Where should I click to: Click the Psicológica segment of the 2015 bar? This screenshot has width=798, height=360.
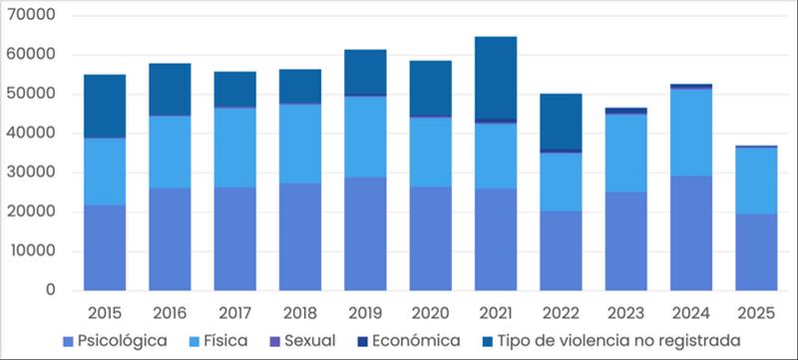105,247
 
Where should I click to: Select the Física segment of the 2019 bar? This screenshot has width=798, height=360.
365,137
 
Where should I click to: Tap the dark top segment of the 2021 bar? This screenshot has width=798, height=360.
496,78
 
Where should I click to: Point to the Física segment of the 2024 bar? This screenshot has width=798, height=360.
691,133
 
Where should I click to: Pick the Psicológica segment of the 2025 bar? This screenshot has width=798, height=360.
756,252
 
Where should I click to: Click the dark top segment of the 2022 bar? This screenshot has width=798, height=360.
561,122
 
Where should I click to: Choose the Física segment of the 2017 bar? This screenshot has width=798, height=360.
235,148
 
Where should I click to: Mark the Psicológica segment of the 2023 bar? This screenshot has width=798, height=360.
626,241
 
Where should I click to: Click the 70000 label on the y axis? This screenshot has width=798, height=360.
31,15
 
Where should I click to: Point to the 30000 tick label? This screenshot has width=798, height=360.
31,172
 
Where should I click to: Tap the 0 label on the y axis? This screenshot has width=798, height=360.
50,290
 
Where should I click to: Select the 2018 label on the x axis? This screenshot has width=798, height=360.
300,313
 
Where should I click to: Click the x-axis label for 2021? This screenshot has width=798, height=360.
496,313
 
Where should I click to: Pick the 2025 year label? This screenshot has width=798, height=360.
756,313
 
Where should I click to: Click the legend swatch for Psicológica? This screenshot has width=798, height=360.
68,341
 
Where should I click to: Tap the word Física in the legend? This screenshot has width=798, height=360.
225,341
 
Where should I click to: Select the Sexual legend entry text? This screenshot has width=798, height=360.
310,341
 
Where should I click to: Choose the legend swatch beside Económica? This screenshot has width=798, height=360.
362,341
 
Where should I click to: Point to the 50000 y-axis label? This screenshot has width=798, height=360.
31,94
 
